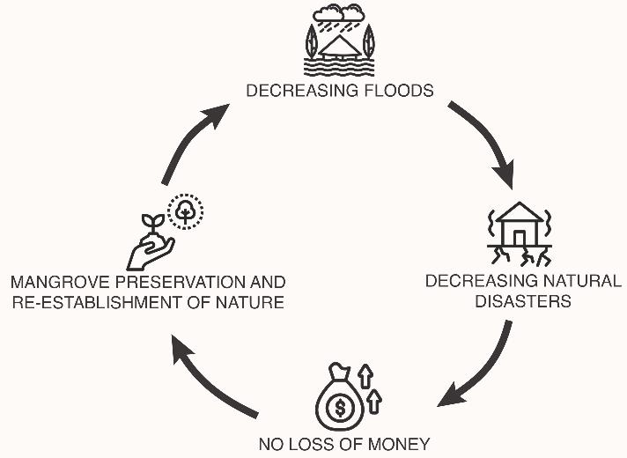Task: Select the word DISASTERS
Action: pyautogui.click(x=525, y=301)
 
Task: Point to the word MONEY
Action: pyautogui.click(x=401, y=444)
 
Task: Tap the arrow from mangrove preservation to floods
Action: pyautogui.click(x=191, y=141)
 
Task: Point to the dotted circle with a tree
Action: pyautogui.click(x=186, y=211)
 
